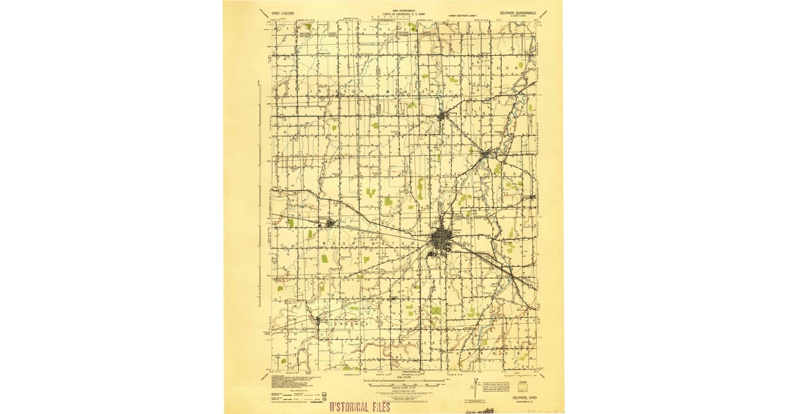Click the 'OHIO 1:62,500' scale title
(276, 12)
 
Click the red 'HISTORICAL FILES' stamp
(359, 406)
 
